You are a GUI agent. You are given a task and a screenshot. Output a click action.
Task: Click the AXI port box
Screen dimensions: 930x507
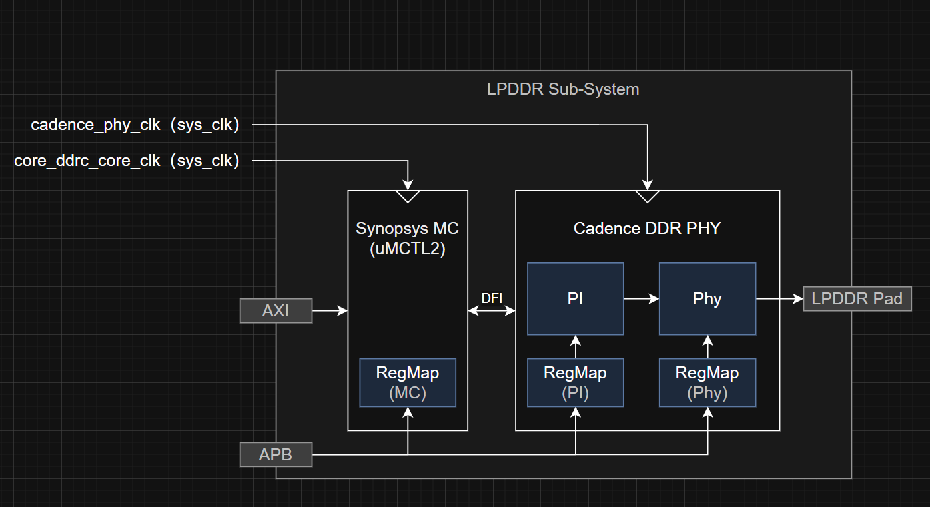tap(276, 311)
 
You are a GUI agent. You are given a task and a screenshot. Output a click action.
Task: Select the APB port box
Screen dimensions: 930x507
tap(276, 455)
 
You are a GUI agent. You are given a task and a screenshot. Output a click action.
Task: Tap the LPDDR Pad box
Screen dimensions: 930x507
tap(857, 299)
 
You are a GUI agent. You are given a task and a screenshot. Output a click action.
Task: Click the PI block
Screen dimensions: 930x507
tap(576, 299)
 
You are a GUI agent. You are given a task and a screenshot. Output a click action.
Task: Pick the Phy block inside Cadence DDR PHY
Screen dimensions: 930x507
tap(707, 299)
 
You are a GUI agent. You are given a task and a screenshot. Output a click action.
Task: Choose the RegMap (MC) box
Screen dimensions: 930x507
tap(408, 382)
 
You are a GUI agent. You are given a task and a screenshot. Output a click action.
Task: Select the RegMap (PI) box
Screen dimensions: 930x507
tap(576, 382)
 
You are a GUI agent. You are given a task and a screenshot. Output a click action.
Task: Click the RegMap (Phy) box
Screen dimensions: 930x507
tap(707, 382)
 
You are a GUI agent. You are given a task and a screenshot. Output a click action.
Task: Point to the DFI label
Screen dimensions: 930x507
tap(492, 298)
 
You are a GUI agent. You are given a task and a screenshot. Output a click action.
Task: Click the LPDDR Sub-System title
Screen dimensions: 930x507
tap(563, 89)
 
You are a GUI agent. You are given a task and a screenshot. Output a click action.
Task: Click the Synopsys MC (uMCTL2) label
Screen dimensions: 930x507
tap(407, 239)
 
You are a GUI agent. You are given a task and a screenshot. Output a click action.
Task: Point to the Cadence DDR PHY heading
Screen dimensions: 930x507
tap(647, 228)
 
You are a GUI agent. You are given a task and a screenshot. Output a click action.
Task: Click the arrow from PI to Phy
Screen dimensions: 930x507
tap(641, 299)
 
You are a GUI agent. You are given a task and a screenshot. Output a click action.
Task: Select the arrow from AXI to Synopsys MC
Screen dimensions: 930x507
tap(330, 311)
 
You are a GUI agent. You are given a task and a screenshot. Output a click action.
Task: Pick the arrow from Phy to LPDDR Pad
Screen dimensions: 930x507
tap(779, 299)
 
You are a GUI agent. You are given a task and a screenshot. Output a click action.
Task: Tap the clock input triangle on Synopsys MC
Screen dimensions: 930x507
tap(408, 196)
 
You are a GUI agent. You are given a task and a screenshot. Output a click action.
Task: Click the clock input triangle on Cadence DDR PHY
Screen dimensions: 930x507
tap(647, 196)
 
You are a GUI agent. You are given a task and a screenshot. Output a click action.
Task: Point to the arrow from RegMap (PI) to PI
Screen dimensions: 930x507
tap(576, 347)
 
